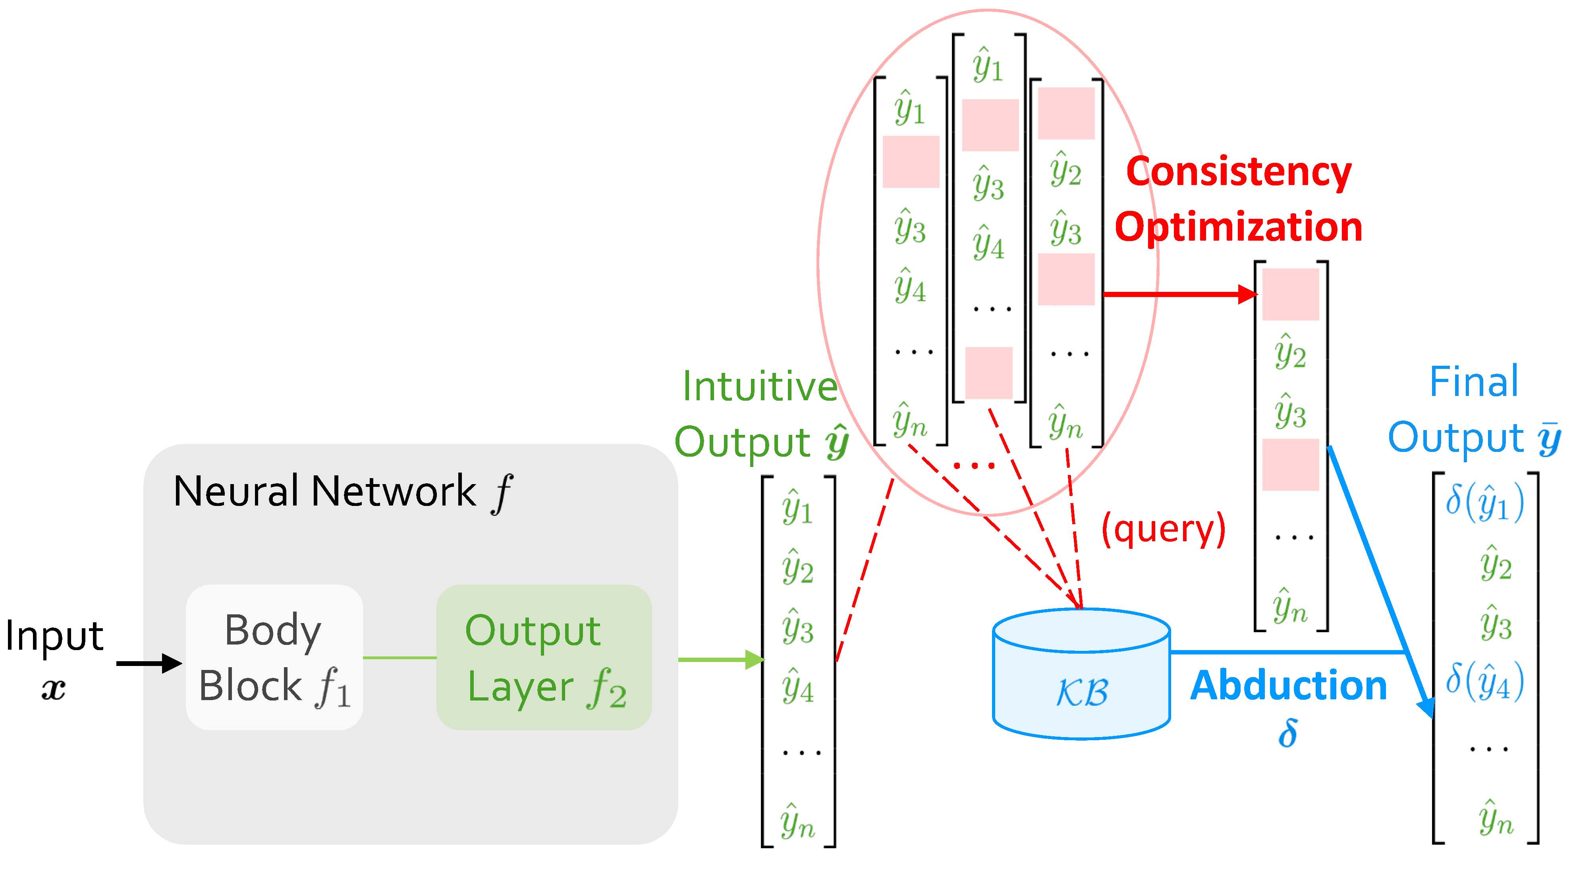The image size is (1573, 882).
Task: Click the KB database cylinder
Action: coord(1081,675)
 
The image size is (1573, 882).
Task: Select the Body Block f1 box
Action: coord(274,657)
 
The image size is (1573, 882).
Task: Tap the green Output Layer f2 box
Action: coord(544,657)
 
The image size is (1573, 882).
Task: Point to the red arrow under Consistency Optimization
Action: coord(1179,294)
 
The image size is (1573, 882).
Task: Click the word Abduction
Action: coord(1288,685)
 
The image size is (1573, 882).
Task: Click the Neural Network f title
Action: coord(342,492)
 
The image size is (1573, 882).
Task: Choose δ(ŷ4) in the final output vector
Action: coord(1484,682)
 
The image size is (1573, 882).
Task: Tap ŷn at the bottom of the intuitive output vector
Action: coord(797,822)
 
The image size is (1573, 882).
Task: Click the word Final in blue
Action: coord(1473,382)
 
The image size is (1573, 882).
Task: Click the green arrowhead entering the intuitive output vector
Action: coord(755,660)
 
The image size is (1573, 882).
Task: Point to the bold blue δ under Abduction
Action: coord(1287,733)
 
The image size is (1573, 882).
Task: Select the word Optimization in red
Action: coord(1238,227)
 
